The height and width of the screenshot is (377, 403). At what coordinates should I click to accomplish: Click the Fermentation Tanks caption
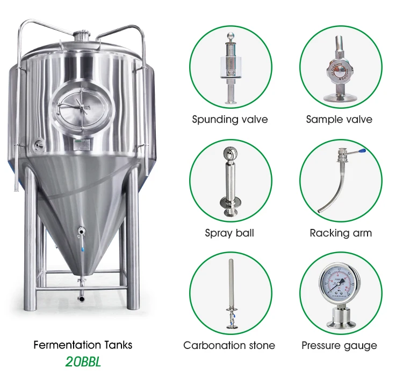pyautogui.click(x=83, y=345)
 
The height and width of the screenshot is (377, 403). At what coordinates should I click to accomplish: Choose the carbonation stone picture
pyautogui.click(x=229, y=294)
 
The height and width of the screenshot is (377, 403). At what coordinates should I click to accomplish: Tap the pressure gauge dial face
pyautogui.click(x=339, y=284)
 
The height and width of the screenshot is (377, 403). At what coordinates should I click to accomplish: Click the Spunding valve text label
pyautogui.click(x=229, y=120)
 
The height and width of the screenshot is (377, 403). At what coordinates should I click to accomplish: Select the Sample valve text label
pyautogui.click(x=339, y=120)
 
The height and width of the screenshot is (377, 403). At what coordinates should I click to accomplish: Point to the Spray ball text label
pyautogui.click(x=229, y=233)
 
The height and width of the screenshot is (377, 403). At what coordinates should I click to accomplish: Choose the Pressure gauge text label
pyautogui.click(x=339, y=345)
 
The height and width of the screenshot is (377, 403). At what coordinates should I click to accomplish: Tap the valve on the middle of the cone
pyautogui.click(x=81, y=232)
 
